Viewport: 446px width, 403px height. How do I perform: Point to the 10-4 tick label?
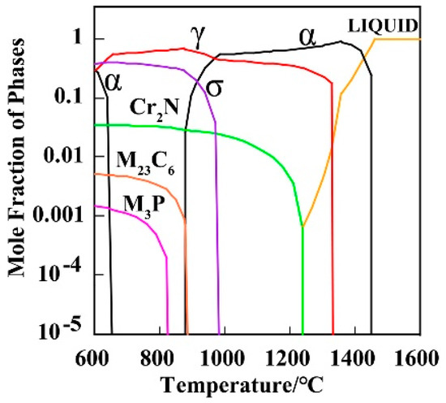pos(68,273)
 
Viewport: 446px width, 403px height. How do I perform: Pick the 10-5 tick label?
pos(68,331)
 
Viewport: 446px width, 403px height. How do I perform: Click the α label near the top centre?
pos(307,36)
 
